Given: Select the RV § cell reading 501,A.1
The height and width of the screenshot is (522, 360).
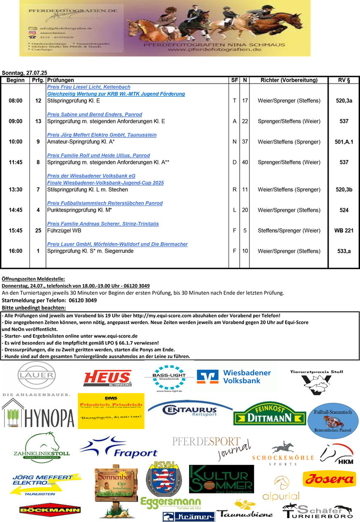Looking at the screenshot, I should pos(344,142).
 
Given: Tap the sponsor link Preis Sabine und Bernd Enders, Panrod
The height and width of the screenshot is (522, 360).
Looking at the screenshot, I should pos(94,115).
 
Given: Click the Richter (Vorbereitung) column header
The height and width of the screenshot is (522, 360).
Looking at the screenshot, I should pos(288,80).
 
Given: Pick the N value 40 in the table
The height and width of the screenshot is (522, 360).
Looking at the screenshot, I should pos(245,162).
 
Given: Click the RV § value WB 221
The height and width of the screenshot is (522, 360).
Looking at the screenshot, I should pos(344,231).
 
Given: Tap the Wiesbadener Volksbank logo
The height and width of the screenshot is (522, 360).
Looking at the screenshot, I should pos(235,377).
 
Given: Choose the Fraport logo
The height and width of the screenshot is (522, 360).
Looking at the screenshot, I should pos(119,447).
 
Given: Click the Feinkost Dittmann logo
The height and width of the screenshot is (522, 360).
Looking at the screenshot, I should pos(269,414).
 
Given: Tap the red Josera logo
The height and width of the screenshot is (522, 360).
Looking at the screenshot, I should pos(329,479).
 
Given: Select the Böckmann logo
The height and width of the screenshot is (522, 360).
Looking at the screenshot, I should pos(43,509).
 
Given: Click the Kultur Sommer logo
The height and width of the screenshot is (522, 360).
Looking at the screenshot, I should pos(221,479).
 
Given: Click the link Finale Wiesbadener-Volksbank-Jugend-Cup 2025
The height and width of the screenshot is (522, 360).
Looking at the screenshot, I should pos(105,183).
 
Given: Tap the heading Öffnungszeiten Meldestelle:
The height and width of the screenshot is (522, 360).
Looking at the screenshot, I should pos(33,279).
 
